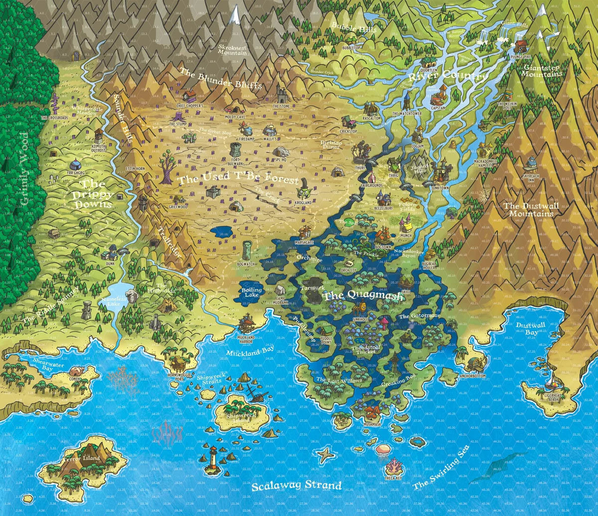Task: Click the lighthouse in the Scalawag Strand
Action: coord(213,455)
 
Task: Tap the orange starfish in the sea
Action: coord(326,454)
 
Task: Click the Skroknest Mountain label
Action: coord(233,48)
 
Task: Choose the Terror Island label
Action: coord(81,457)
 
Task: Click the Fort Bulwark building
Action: coord(236,150)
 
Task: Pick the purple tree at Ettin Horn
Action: coord(165,162)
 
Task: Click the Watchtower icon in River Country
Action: coord(407,102)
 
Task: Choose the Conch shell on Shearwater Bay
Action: coord(77,371)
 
